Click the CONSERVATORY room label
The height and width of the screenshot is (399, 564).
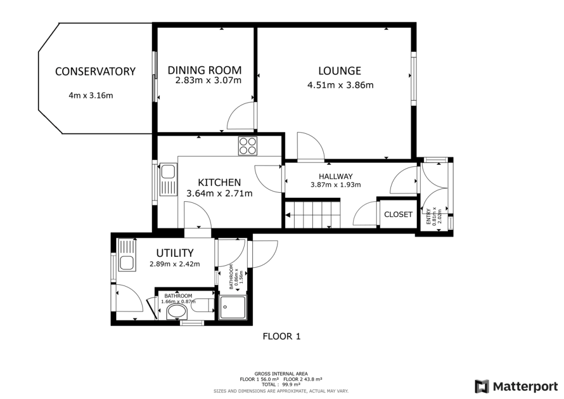pos(95,72)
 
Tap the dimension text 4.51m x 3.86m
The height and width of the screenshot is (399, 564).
pos(340,85)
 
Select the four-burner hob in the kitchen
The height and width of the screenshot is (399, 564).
pos(247,145)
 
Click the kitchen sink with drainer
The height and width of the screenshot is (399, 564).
pos(167,180)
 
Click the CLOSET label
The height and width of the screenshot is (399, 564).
pos(398,214)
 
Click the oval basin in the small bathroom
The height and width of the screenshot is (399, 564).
pos(177,313)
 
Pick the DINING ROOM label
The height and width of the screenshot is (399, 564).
pos(204,71)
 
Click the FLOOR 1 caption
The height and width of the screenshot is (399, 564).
pos(281,336)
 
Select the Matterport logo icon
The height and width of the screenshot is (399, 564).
pos(482,385)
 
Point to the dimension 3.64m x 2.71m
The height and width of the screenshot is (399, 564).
pos(219,193)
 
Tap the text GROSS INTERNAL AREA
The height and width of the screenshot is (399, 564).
pos(281,374)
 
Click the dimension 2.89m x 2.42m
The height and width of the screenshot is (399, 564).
pos(175,264)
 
